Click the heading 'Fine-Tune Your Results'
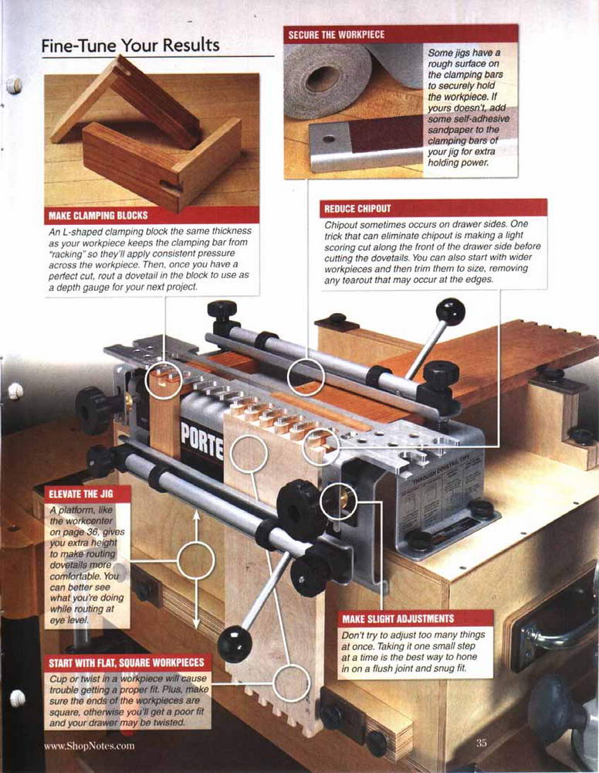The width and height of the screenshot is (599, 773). [x=130, y=46]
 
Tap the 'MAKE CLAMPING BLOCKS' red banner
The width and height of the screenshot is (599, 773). [x=151, y=215]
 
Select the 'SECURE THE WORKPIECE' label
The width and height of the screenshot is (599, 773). [x=337, y=35]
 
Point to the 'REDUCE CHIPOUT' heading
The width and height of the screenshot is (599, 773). [x=357, y=208]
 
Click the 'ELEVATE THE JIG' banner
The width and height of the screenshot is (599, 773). [x=81, y=493]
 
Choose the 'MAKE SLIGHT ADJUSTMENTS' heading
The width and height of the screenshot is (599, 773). [x=398, y=618]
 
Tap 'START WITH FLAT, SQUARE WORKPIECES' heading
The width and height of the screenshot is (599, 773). [x=126, y=663]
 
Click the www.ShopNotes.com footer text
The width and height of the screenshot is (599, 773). [x=89, y=745]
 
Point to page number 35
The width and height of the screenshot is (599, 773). [x=481, y=742]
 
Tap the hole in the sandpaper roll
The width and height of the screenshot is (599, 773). [x=323, y=79]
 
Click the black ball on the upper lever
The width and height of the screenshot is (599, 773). [x=450, y=312]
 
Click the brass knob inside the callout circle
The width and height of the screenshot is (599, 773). [x=343, y=500]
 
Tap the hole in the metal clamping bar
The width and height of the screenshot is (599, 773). [x=329, y=139]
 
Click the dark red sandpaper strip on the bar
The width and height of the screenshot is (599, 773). [x=385, y=135]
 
